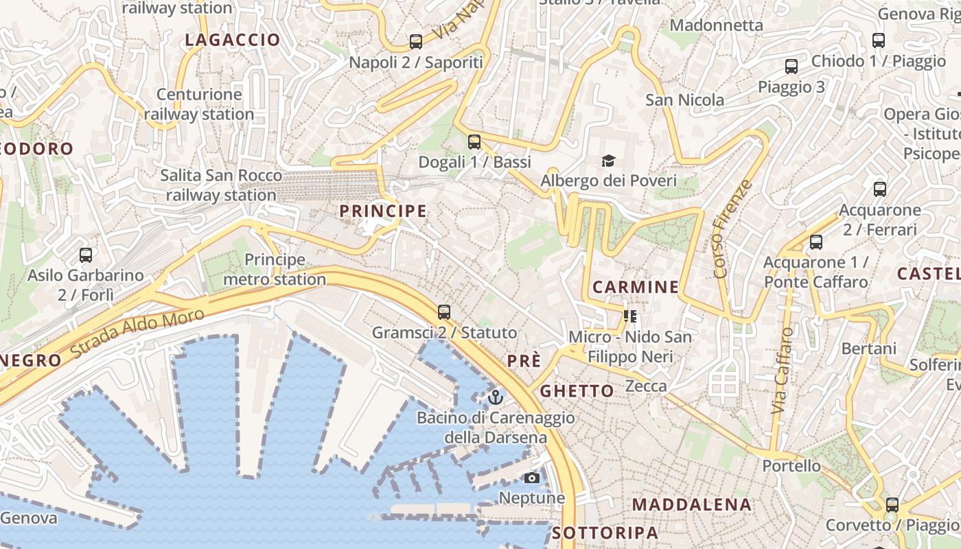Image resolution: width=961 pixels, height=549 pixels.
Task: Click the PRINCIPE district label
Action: click(383, 211)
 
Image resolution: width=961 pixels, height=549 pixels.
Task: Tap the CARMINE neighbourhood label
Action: click(636, 287)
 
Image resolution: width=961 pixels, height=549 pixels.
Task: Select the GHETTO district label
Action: click(577, 391)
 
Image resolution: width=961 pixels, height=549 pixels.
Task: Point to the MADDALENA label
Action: click(692, 504)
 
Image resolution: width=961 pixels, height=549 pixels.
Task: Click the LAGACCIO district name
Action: click(233, 40)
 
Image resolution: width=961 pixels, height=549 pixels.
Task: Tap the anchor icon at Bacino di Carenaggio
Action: click(496, 397)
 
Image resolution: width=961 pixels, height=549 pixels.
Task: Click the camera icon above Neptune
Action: click(532, 478)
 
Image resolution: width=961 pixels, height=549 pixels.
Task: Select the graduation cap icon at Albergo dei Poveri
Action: click(608, 161)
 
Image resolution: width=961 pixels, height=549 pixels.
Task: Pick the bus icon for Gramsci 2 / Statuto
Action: click(444, 312)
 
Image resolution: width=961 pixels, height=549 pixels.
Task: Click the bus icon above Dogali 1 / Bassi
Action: click(474, 142)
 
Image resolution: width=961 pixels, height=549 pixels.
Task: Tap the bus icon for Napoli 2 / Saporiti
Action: click(416, 42)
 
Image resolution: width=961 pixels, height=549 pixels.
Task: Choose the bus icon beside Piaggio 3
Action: click(791, 67)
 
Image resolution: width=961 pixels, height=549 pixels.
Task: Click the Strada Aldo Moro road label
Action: click(137, 333)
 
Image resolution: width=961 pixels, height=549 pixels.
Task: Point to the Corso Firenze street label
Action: click(733, 229)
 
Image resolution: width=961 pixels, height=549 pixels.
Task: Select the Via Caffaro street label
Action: click(782, 371)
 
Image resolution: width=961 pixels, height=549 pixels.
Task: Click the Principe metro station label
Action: click(275, 270)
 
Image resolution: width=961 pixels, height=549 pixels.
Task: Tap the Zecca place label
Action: click(646, 386)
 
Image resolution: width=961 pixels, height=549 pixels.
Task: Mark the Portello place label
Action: click(791, 466)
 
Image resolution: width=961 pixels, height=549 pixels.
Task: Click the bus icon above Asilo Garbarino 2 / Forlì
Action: click(86, 255)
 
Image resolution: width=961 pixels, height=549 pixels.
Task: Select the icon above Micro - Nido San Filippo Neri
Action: click(630, 316)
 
